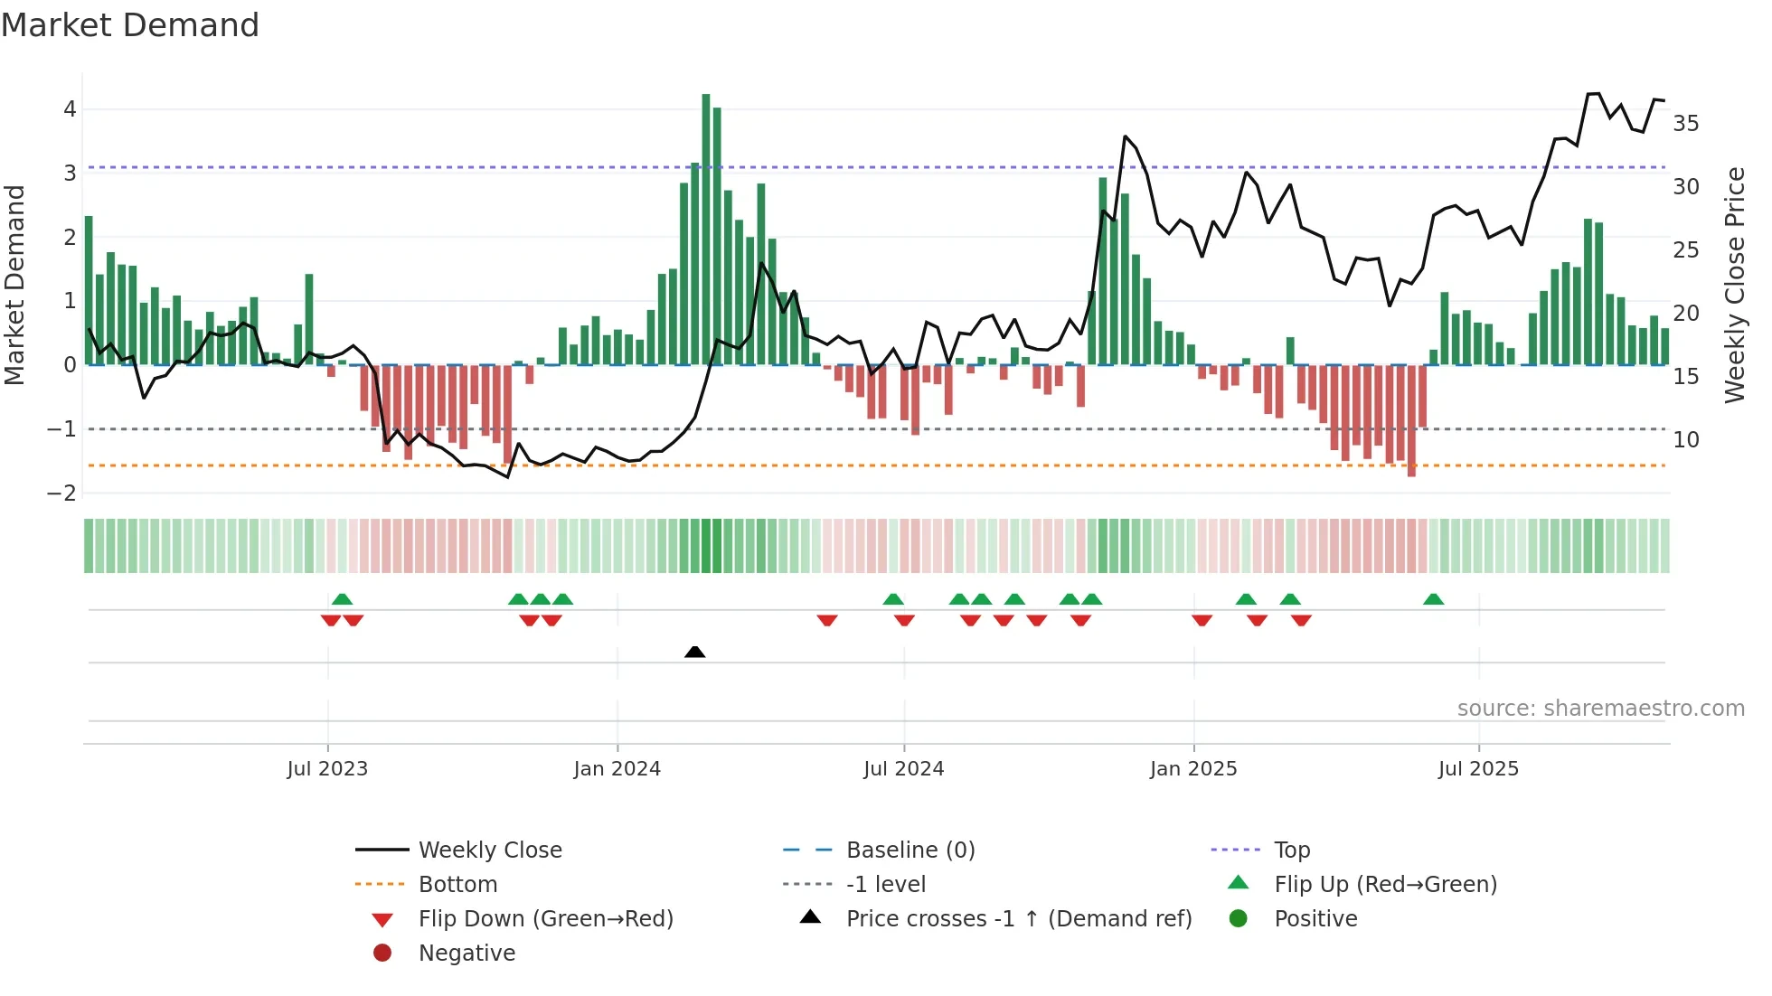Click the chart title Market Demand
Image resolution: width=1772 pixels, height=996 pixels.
click(130, 25)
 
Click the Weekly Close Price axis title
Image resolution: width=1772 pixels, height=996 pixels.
click(1734, 285)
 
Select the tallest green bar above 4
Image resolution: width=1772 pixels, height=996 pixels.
click(706, 226)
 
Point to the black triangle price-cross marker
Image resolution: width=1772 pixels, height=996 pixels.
click(694, 652)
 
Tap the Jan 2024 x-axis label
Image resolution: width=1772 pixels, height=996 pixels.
click(617, 769)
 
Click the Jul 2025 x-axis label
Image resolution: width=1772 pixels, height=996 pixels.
click(1478, 769)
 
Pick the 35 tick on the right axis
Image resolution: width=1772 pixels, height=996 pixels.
click(1685, 123)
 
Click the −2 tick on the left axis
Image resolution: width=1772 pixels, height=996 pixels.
click(61, 493)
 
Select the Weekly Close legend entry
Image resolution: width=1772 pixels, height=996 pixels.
click(489, 850)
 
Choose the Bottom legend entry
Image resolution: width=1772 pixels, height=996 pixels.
click(457, 885)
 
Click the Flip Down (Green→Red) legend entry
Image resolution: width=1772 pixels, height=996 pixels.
click(545, 919)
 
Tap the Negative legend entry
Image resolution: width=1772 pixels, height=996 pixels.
click(467, 954)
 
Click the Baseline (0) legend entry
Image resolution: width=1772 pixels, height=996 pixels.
click(910, 850)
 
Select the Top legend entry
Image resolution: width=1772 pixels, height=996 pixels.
click(1291, 850)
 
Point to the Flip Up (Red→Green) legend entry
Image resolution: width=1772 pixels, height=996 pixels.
click(1385, 885)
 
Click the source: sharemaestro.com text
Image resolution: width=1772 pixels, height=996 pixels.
click(1600, 709)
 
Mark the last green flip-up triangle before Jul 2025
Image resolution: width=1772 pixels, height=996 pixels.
click(1433, 599)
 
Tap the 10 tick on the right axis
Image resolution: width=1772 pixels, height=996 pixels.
click(1685, 440)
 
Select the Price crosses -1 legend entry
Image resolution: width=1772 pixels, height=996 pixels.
click(1018, 919)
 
